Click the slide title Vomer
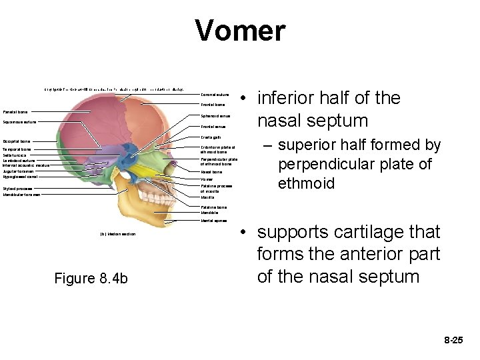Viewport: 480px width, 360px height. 240,31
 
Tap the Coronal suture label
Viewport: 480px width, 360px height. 213,95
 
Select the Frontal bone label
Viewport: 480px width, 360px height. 213,105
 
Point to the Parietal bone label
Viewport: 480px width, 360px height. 15,112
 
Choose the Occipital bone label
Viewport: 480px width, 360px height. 17,141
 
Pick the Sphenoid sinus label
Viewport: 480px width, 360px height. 215,116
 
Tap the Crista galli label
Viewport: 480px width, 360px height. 211,137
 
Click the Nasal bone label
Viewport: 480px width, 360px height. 211,172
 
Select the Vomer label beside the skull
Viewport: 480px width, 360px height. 207,179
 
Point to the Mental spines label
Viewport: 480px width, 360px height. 213,220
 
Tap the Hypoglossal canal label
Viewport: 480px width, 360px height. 20,177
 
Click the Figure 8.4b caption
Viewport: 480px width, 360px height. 91,278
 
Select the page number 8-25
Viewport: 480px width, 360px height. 453,340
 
